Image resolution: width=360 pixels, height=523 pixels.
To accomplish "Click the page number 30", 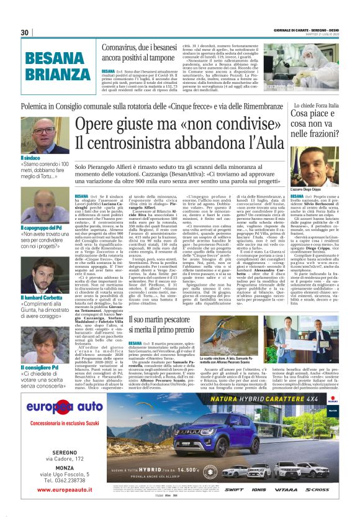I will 24,32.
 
